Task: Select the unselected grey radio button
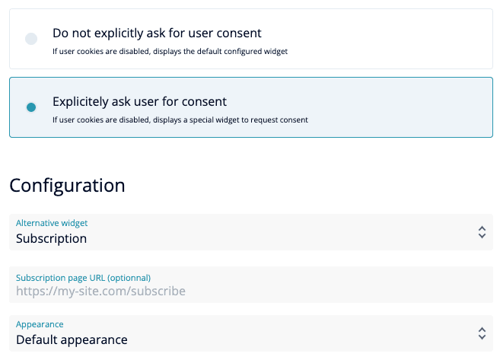pos(31,39)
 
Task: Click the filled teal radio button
pos(31,107)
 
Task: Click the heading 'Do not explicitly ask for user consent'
pos(157,33)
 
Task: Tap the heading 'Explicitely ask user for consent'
pos(139,102)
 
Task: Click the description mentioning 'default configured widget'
pos(170,51)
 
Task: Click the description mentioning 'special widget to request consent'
pos(180,120)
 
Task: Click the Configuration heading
pos(67,186)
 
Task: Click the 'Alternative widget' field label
pos(52,223)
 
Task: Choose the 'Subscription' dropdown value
pos(51,238)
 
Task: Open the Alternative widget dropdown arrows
pos(482,232)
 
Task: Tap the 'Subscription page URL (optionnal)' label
pos(83,278)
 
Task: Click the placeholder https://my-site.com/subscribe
pos(100,292)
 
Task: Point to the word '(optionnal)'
pos(129,278)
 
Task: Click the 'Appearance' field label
pos(40,324)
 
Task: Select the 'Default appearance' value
pos(72,340)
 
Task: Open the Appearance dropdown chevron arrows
pos(482,333)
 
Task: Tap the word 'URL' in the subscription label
pos(97,278)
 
